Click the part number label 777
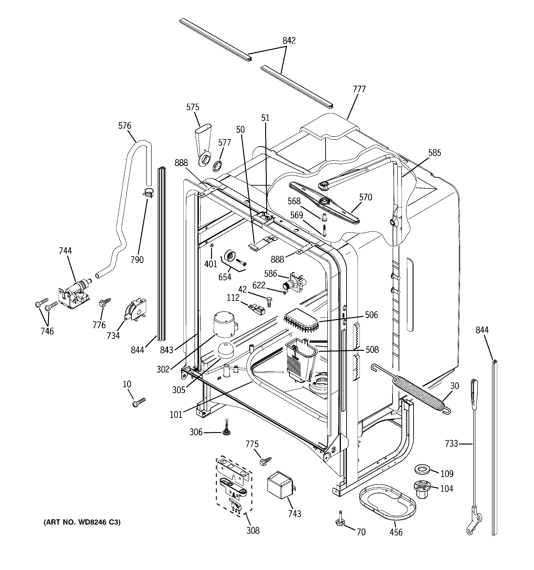(x=359, y=89)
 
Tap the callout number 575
(x=193, y=107)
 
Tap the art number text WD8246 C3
(x=82, y=522)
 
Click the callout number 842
(x=289, y=41)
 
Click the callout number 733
(x=451, y=444)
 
